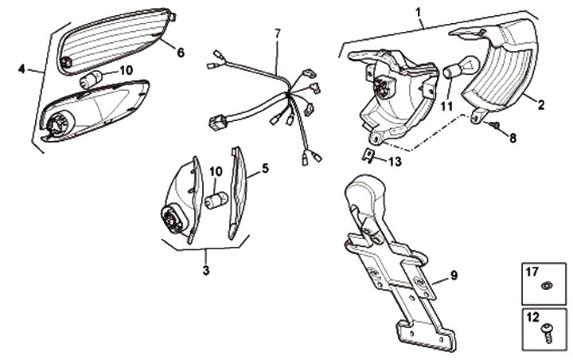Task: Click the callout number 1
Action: click(419, 13)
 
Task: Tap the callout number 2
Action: click(540, 103)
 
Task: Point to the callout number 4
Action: click(22, 68)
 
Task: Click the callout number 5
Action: click(265, 168)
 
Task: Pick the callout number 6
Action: click(180, 53)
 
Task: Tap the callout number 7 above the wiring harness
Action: click(277, 33)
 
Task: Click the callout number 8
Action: click(513, 138)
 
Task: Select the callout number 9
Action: click(453, 276)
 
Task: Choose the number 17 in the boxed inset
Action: click(532, 272)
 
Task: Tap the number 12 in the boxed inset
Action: click(532, 316)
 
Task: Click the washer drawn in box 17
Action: click(545, 285)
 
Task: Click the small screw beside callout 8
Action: click(493, 126)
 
